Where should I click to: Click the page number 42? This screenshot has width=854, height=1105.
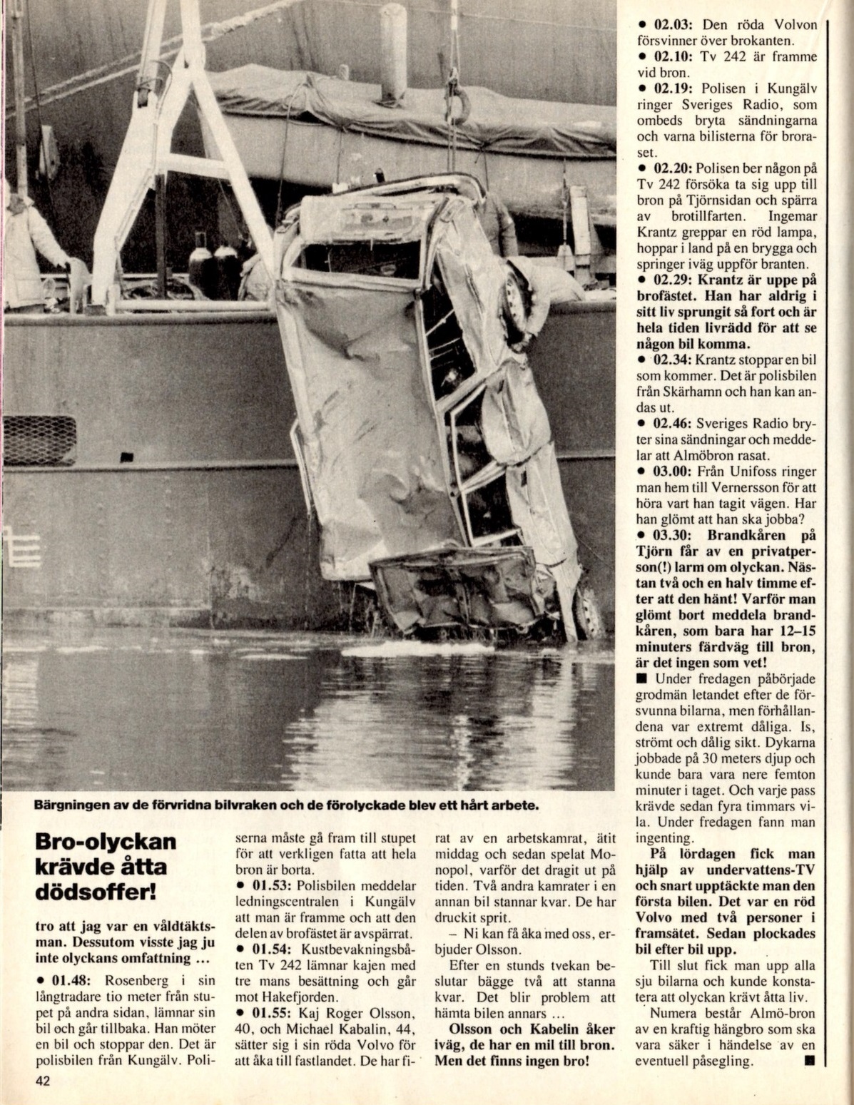click(44, 1081)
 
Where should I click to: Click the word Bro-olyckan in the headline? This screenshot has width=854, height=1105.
click(105, 841)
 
